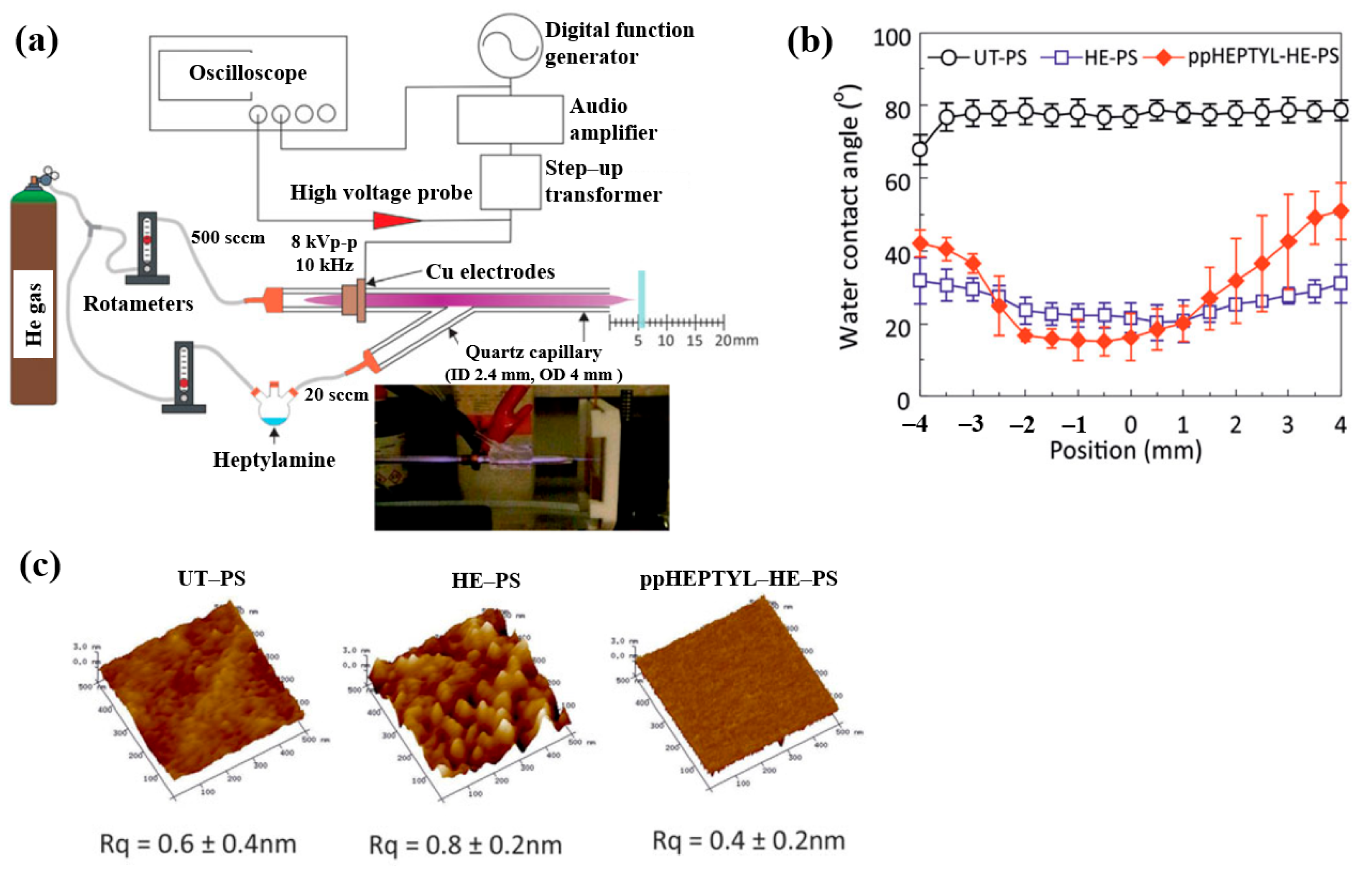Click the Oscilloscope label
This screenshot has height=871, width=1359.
coord(248,73)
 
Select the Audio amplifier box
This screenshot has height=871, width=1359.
coord(510,120)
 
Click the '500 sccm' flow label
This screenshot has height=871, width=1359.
coord(227,237)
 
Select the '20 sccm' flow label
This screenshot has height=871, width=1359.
coord(336,395)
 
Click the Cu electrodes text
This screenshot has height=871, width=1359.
coord(490,272)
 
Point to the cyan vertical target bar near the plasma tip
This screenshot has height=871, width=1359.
coord(641,300)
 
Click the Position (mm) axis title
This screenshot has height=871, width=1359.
coord(1125,451)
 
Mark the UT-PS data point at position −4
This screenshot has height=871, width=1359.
coord(920,149)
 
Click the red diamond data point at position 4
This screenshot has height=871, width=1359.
coord(1340,211)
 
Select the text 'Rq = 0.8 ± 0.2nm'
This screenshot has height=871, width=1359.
coord(465,846)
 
